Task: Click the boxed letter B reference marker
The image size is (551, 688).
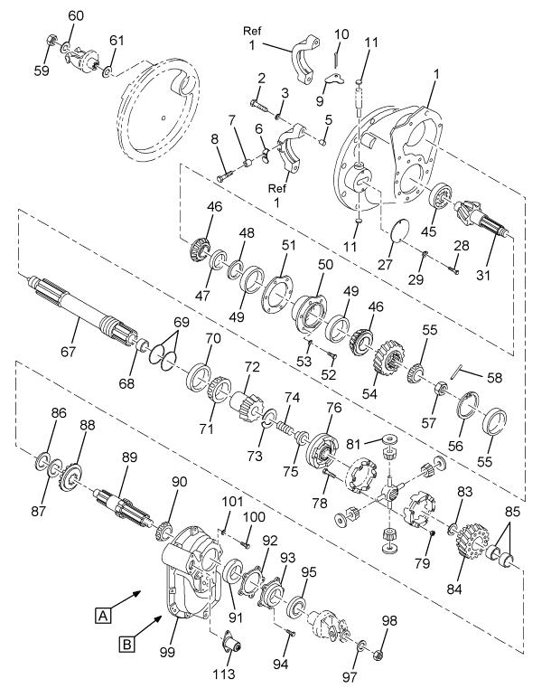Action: pos(128,644)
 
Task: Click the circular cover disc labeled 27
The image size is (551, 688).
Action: pos(395,231)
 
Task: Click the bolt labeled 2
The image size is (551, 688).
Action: pos(255,98)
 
